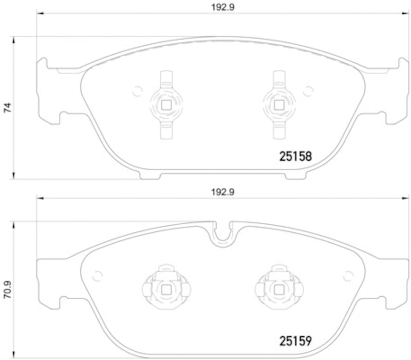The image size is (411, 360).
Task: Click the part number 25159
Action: click(295, 340)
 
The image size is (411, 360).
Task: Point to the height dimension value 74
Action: click(7, 107)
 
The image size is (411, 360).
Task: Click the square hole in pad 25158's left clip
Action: click(166, 104)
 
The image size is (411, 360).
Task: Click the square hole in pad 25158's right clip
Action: click(279, 104)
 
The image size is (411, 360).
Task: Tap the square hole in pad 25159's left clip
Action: click(166, 290)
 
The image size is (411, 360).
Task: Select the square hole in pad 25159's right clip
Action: click(279, 290)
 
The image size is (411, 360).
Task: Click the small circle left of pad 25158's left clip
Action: click(137, 92)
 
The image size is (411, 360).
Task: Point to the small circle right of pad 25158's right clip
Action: click(308, 92)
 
